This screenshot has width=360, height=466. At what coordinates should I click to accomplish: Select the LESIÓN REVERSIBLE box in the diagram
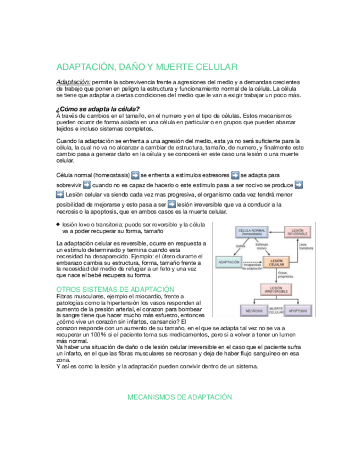pos(298,232)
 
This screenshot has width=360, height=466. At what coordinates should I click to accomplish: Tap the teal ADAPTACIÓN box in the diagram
pos(229,263)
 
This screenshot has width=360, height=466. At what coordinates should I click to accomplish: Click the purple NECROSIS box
pos(254,311)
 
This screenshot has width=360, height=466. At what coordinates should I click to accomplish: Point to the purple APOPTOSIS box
pos(298,311)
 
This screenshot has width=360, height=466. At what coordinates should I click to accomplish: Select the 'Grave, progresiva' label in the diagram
pos(287,275)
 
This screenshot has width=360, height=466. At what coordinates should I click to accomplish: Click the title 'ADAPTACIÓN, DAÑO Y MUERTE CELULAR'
pos(147,67)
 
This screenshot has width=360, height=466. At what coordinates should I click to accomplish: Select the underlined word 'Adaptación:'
pos(74,81)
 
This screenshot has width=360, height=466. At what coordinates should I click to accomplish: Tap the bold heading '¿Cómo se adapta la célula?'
pos(98,108)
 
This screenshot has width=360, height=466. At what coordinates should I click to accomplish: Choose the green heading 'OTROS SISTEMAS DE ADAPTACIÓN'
pos(115,289)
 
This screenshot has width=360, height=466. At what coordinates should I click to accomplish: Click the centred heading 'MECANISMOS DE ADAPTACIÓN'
pos(180,397)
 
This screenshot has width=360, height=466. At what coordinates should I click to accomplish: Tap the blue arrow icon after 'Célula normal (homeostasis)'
pos(134,175)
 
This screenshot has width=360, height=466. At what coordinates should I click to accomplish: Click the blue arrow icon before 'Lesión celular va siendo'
pos(60,195)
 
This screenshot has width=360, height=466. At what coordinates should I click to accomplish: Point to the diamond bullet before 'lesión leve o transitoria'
pos(58,224)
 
